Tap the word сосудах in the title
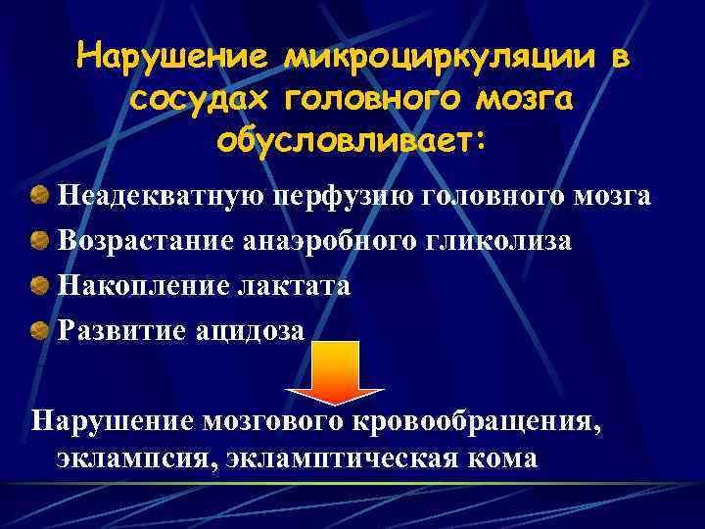pyautogui.click(x=195, y=99)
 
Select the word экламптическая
pyautogui.click(x=346, y=457)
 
